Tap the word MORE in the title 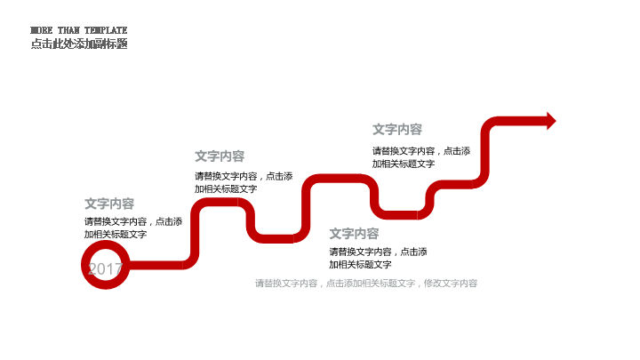pyautogui.click(x=42, y=30)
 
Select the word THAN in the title pyautogui.click(x=68, y=30)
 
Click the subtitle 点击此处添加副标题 pyautogui.click(x=78, y=44)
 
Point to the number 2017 pyautogui.click(x=105, y=268)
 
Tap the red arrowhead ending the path pyautogui.click(x=550, y=120)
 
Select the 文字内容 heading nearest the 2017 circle pyautogui.click(x=109, y=204)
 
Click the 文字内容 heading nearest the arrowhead pyautogui.click(x=397, y=130)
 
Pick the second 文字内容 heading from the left pyautogui.click(x=220, y=156)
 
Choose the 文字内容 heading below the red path pyautogui.click(x=354, y=234)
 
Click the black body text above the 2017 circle pyautogui.click(x=133, y=228)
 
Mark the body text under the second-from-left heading pyautogui.click(x=244, y=182)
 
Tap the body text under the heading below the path pyautogui.click(x=378, y=258)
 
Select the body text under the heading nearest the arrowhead pyautogui.click(x=421, y=157)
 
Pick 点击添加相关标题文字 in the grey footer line pyautogui.click(x=371, y=284)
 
